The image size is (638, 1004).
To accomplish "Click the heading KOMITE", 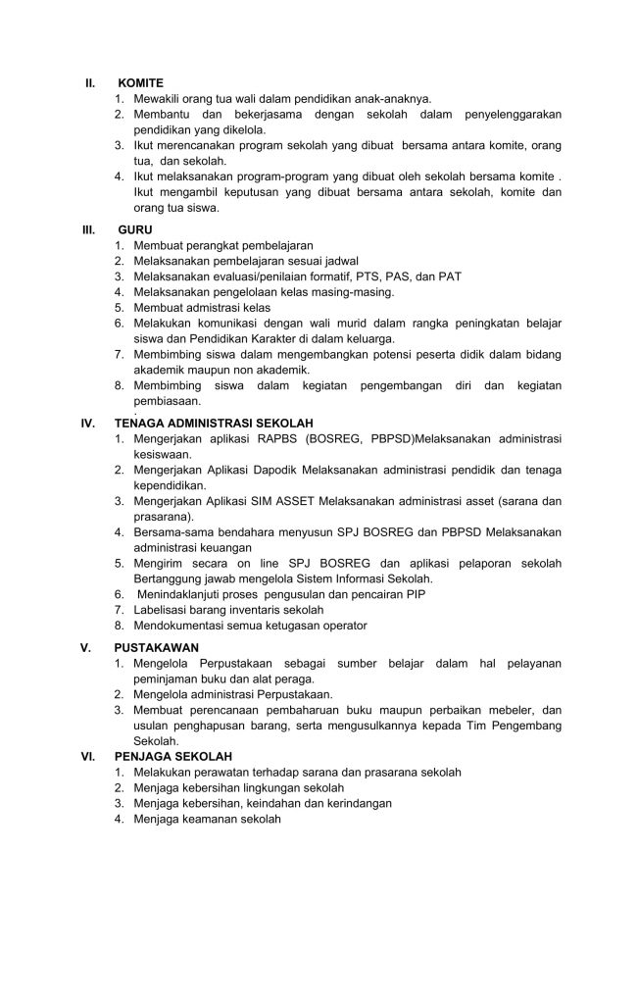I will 140,83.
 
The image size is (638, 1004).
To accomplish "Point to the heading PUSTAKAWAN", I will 157,647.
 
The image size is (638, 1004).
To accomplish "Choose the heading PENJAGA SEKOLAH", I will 172,757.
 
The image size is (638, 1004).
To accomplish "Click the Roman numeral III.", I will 87,229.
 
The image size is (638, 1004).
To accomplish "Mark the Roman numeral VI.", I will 87,757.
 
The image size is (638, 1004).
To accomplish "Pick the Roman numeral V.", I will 86,647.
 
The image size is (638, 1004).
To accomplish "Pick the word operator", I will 342,625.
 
